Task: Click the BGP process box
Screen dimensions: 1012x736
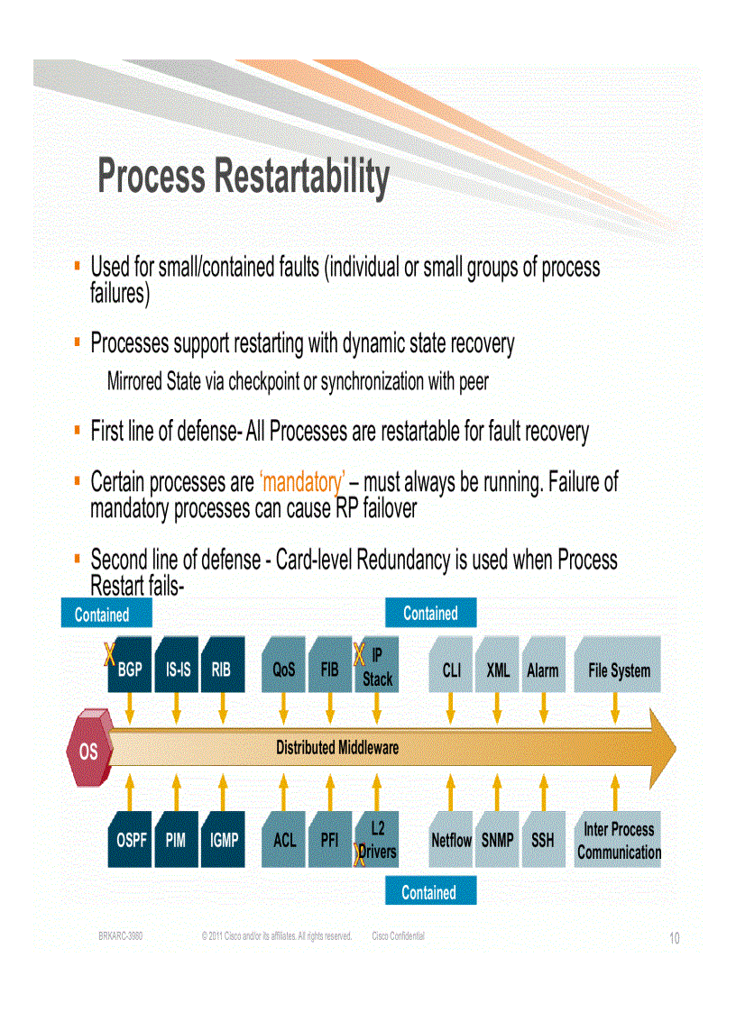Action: [131, 668]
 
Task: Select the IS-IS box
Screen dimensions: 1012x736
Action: [177, 668]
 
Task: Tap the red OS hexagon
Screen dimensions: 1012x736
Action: [87, 749]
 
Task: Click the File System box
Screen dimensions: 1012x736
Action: [618, 669]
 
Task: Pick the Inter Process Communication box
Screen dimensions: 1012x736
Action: [618, 840]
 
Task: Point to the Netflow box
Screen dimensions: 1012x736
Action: [451, 840]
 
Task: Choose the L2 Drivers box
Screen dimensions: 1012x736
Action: [376, 840]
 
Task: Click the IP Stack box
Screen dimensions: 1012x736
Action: [376, 668]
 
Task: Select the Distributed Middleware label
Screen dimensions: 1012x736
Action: [336, 747]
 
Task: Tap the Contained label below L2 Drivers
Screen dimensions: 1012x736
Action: [429, 892]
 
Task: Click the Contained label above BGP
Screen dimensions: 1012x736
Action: [102, 614]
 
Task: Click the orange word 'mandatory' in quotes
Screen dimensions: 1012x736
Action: [301, 483]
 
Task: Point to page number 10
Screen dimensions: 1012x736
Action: [674, 939]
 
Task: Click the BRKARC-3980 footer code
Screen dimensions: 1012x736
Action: [120, 937]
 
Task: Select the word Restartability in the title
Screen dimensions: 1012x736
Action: [302, 178]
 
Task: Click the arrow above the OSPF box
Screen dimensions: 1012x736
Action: [131, 790]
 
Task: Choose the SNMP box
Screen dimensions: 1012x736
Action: [497, 840]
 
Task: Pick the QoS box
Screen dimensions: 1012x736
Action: [284, 669]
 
